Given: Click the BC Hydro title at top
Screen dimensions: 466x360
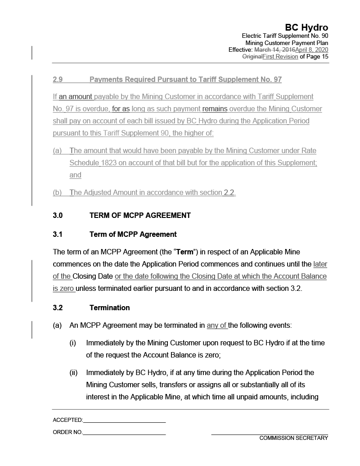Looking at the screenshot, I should [x=306, y=27].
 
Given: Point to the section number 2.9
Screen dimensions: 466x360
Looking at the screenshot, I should [x=58, y=80].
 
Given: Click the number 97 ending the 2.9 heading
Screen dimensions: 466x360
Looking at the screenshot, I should [x=277, y=80].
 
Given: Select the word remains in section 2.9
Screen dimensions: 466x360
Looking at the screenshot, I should [x=215, y=109].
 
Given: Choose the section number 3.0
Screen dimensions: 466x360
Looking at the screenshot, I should [x=58, y=215].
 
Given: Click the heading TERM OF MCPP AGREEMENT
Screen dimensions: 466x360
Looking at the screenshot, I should [x=140, y=215].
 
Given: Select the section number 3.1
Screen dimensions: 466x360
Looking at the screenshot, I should [x=58, y=234].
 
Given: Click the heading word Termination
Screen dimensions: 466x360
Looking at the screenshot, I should [x=109, y=308].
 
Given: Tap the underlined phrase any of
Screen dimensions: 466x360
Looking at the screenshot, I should [x=217, y=325].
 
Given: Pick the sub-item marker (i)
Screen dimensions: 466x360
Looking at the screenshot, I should [x=72, y=343].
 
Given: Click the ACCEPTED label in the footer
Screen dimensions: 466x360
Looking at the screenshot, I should [x=67, y=420].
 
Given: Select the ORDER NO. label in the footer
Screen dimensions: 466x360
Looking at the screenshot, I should [x=67, y=432].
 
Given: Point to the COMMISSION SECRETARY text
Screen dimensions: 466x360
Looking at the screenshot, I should [x=293, y=438].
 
